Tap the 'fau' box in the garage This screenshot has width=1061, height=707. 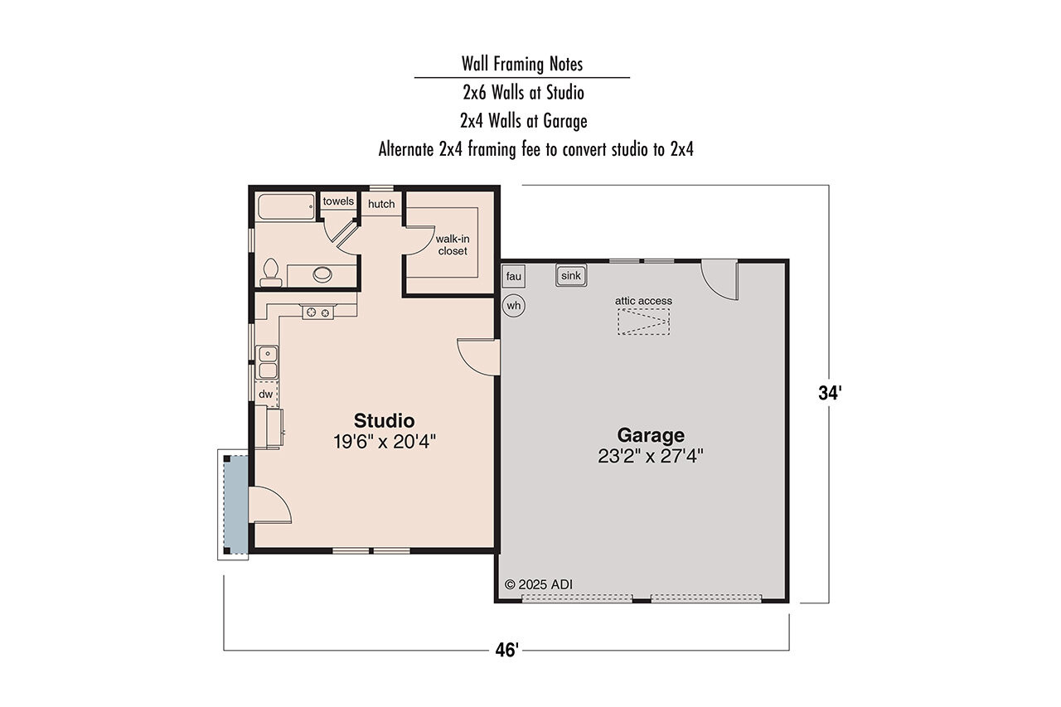tap(513, 276)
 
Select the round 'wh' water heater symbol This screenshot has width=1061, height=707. tap(514, 306)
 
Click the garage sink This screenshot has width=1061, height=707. tap(571, 276)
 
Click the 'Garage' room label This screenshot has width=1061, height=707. tap(651, 435)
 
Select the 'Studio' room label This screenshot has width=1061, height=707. tap(384, 419)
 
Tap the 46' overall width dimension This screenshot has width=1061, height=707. tap(506, 651)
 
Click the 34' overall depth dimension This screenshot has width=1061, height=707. tap(829, 394)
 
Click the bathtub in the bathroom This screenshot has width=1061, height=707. tap(286, 206)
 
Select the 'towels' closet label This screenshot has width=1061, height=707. tap(338, 201)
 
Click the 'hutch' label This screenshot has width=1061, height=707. tap(381, 204)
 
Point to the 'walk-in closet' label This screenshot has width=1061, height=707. tap(452, 245)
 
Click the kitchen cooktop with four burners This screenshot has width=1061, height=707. tap(317, 312)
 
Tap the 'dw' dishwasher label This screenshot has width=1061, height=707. tap(266, 395)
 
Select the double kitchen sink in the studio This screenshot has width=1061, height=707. tap(268, 361)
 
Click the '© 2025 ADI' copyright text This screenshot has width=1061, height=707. tap(538, 584)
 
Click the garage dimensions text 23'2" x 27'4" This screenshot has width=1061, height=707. tap(651, 456)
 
